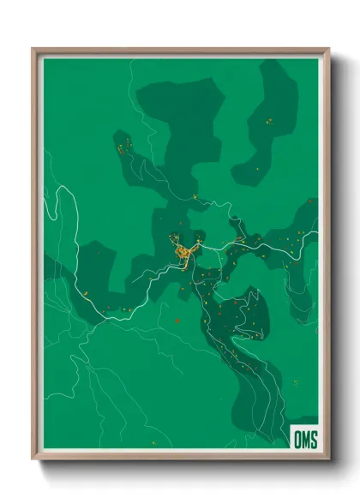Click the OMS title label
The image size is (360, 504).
tap(305, 440)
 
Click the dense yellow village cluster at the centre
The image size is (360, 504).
tap(184, 253)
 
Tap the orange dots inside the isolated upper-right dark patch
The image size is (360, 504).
tap(269, 122)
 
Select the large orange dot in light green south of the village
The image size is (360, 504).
tap(177, 321)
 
